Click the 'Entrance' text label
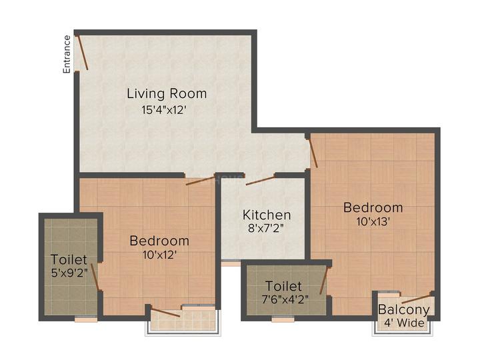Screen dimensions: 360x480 tap(67, 54)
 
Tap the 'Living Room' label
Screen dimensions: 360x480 tap(167, 93)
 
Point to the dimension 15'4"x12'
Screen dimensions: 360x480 tap(167, 110)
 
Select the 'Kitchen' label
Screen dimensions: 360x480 tap(267, 215)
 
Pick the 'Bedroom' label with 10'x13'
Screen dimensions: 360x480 tap(373, 207)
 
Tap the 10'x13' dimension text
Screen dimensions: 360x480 tap(373, 221)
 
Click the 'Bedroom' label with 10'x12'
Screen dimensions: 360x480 tap(159, 240)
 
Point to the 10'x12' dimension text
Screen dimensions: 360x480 tap(159, 254)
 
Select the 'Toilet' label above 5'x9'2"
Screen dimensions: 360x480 tap(69, 259)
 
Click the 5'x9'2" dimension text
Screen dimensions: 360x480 tap(69, 273)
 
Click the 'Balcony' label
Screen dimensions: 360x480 tap(403, 310)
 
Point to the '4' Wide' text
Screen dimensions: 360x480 tap(403, 323)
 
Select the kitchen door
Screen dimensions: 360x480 tap(261, 179)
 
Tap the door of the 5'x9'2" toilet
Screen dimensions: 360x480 tap(96, 277)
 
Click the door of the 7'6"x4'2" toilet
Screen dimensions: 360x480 tap(324, 280)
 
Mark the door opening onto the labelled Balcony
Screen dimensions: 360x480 tap(417, 298)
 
